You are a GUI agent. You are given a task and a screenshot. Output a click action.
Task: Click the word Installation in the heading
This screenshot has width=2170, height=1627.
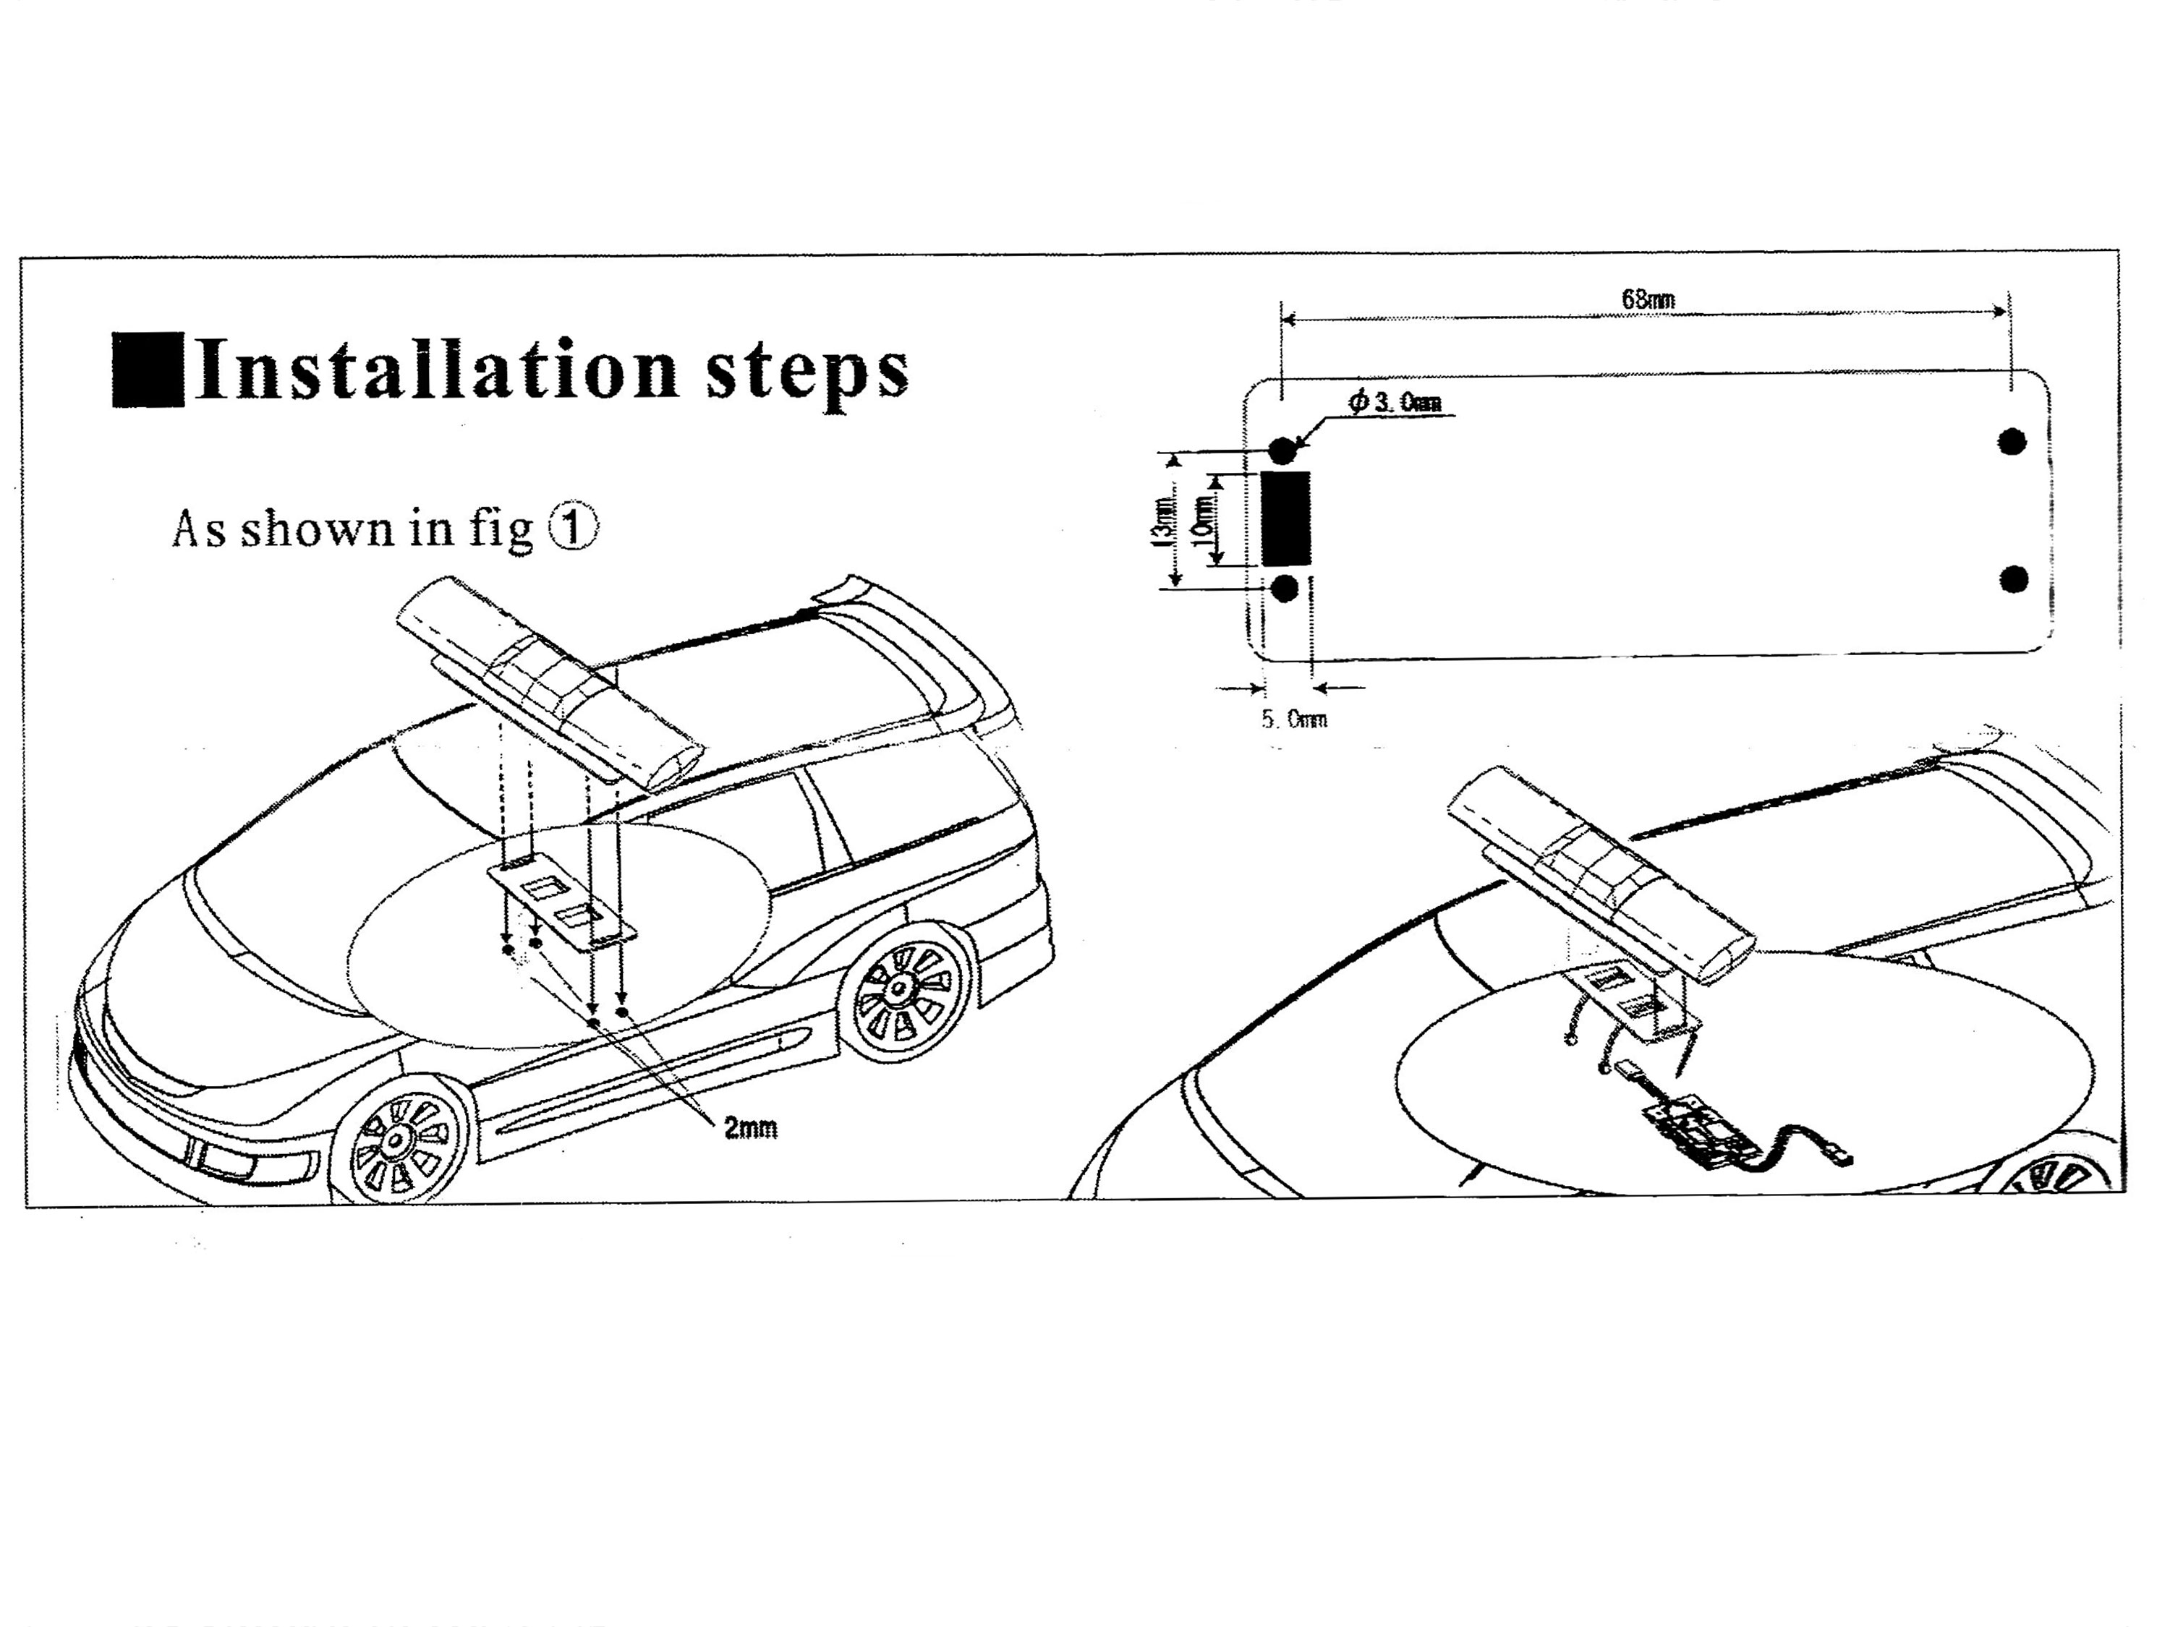pos(437,370)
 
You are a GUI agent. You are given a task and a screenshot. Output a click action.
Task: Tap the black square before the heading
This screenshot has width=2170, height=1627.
pos(147,370)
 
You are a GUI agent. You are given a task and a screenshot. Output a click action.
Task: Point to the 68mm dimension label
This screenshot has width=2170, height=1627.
pos(1648,299)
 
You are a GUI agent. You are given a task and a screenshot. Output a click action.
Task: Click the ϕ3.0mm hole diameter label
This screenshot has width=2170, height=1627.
pos(1395,402)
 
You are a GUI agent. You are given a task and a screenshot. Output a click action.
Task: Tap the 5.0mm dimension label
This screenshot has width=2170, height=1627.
pos(1294,719)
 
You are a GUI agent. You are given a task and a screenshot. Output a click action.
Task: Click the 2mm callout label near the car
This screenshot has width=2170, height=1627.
pos(751,1129)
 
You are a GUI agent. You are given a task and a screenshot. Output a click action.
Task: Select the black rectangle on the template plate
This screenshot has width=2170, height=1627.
pos(1285,518)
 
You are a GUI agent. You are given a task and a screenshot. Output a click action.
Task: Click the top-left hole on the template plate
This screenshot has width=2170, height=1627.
pos(1283,450)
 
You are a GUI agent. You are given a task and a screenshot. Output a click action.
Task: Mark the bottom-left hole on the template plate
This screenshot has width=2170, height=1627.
pos(1284,589)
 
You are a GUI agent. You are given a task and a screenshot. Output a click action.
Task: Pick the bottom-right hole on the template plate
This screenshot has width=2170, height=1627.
pos(2013,580)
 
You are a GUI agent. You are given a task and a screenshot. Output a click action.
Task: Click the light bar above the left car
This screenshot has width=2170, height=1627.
pos(549,682)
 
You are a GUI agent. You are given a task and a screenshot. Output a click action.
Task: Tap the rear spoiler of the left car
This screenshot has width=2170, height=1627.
pos(912,628)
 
